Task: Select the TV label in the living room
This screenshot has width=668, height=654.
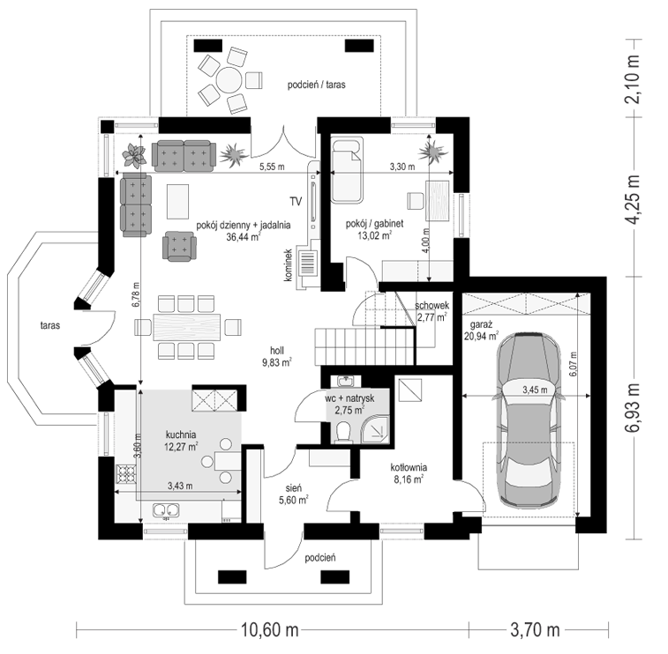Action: (x=296, y=201)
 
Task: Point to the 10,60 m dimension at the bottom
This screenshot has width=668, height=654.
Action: (x=270, y=629)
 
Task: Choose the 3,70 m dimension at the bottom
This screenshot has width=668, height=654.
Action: (x=535, y=629)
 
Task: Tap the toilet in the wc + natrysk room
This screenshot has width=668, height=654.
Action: (x=342, y=432)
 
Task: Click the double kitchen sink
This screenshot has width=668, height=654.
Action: (x=166, y=510)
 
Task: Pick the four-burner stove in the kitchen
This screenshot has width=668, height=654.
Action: (x=126, y=474)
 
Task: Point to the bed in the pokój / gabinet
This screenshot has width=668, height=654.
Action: (x=347, y=170)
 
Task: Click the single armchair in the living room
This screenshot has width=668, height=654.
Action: (x=179, y=246)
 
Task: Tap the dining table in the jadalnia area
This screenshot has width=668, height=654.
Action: (x=188, y=327)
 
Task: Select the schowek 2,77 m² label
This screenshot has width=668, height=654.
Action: (x=432, y=311)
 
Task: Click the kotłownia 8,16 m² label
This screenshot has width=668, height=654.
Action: (x=409, y=473)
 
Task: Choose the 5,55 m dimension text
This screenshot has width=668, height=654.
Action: (x=272, y=167)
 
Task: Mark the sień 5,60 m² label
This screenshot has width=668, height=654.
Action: (x=294, y=494)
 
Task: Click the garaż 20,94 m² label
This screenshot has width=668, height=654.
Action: (x=482, y=331)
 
